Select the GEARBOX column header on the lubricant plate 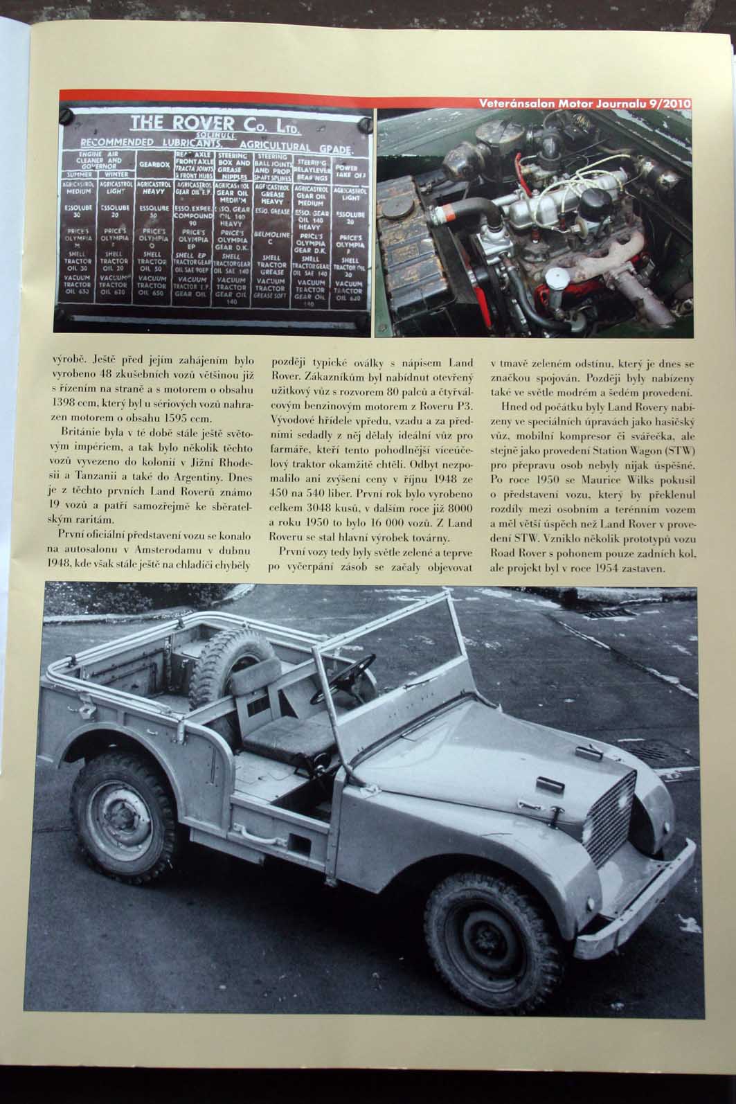tap(154, 165)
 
